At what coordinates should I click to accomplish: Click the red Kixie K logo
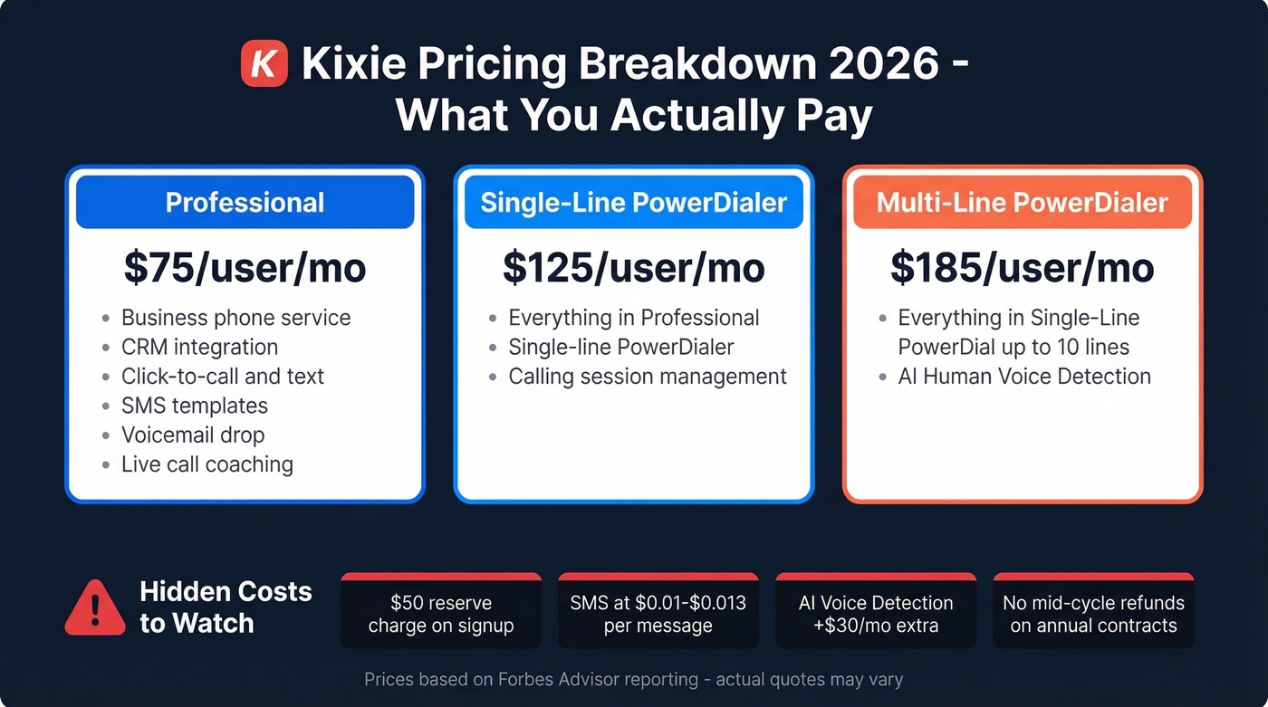pyautogui.click(x=264, y=64)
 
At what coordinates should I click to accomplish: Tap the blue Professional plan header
pyautogui.click(x=245, y=202)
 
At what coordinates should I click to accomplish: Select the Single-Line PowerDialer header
pyautogui.click(x=633, y=202)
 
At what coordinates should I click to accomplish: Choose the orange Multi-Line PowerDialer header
pyautogui.click(x=1022, y=202)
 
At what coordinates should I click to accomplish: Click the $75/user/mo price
pyautogui.click(x=245, y=268)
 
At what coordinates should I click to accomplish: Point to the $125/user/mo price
pyautogui.click(x=633, y=268)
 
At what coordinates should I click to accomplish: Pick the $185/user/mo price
pyautogui.click(x=1022, y=268)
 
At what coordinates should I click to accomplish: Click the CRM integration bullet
pyautogui.click(x=199, y=347)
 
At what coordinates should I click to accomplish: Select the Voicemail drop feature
pyautogui.click(x=193, y=435)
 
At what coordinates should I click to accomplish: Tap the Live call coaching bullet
pyautogui.click(x=207, y=464)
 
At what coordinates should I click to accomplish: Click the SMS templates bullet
pyautogui.click(x=195, y=406)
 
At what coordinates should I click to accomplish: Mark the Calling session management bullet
pyautogui.click(x=647, y=377)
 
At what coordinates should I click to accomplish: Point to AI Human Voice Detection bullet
pyautogui.click(x=1023, y=377)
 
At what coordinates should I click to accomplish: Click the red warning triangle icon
pyautogui.click(x=94, y=608)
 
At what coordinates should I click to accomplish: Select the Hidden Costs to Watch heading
pyautogui.click(x=226, y=607)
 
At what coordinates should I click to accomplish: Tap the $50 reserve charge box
pyautogui.click(x=441, y=614)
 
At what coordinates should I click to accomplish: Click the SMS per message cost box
pyautogui.click(x=658, y=614)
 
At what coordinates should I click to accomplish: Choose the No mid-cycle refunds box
pyautogui.click(x=1093, y=614)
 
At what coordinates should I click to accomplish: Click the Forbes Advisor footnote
pyautogui.click(x=633, y=679)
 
